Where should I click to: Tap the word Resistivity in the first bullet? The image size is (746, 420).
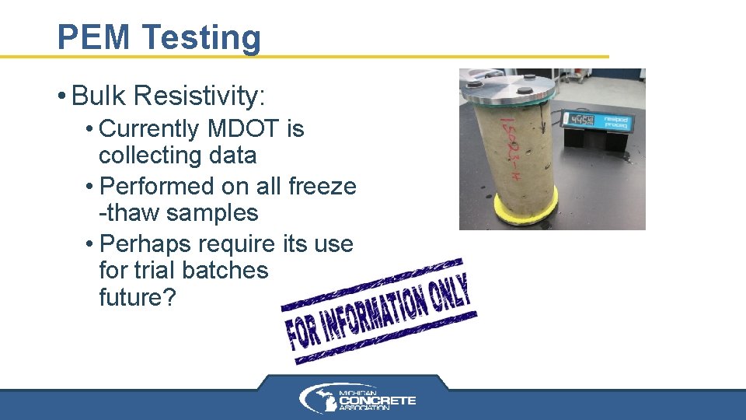click(x=200, y=96)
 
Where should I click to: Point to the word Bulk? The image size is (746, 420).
click(x=99, y=96)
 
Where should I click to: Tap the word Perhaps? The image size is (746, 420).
click(x=147, y=244)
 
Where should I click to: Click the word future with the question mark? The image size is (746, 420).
click(x=137, y=297)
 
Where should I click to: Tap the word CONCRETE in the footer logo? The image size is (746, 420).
click(x=382, y=401)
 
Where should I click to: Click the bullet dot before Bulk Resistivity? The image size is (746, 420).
click(x=61, y=97)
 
